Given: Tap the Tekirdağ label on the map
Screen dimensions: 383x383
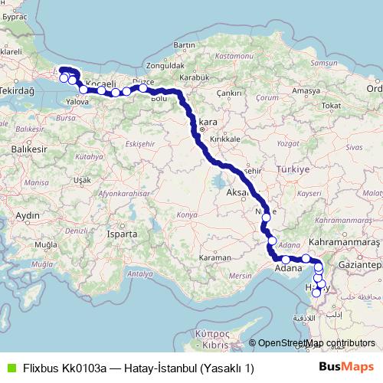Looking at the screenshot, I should [x=18, y=90].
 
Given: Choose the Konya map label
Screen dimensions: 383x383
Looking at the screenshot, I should [x=186, y=215].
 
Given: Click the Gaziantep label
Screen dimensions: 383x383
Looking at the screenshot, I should [x=363, y=264].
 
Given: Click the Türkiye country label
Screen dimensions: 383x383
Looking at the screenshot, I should [x=291, y=169].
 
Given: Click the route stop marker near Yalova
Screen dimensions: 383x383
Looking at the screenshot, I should [x=83, y=90].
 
